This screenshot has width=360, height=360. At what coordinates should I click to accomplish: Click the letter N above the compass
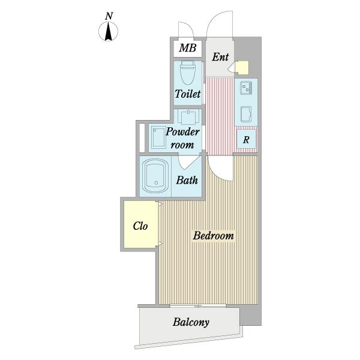pyautogui.click(x=109, y=16)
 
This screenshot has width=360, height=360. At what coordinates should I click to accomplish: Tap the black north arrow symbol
pyautogui.click(x=109, y=32)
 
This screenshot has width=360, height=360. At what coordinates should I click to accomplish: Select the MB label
pyautogui.click(x=188, y=48)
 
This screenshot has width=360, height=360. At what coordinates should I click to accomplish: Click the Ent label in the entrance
pyautogui.click(x=220, y=57)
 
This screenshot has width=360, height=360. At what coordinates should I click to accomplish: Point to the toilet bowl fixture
pyautogui.click(x=188, y=73)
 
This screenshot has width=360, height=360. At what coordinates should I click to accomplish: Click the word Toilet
pyautogui.click(x=188, y=94)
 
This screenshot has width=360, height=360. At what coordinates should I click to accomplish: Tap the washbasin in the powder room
pyautogui.click(x=188, y=116)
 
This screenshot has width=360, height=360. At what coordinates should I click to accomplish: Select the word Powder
pyautogui.click(x=182, y=132)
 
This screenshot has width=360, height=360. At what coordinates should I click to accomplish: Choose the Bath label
pyautogui.click(x=187, y=180)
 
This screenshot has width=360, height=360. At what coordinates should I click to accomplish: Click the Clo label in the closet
pyautogui.click(x=140, y=226)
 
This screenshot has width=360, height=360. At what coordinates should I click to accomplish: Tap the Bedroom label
pyautogui.click(x=213, y=236)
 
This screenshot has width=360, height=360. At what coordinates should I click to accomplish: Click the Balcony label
pyautogui.click(x=191, y=322)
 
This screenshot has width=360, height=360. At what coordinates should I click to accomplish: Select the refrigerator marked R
pyautogui.click(x=246, y=139)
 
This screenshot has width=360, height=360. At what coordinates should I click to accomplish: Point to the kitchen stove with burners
pyautogui.click(x=246, y=88)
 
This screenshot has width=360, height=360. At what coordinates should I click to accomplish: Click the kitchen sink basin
pyautogui.click(x=246, y=115)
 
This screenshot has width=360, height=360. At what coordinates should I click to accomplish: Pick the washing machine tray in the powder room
pyautogui.click(x=158, y=137)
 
